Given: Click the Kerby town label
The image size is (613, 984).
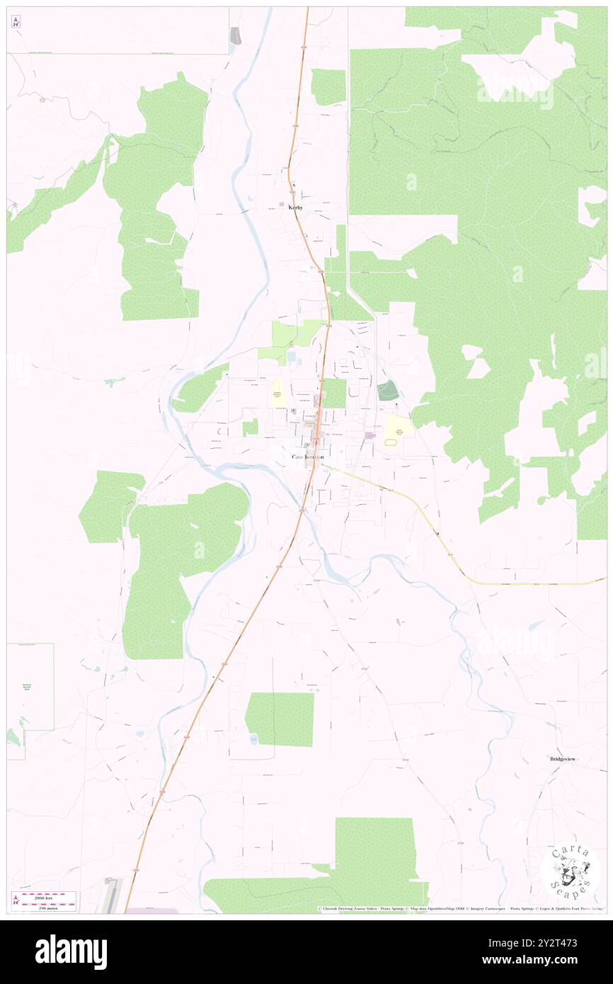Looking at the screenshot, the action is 295,207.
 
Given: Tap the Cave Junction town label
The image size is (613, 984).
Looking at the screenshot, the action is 308,457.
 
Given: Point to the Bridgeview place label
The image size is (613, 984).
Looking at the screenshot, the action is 563,759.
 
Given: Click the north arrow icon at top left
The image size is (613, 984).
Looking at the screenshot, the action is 16,22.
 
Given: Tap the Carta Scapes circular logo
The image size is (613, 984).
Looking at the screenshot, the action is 571,871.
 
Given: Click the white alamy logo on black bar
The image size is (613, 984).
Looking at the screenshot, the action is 71,952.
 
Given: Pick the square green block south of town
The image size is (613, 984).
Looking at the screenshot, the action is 281,719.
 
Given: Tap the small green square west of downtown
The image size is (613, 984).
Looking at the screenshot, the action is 250,427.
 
